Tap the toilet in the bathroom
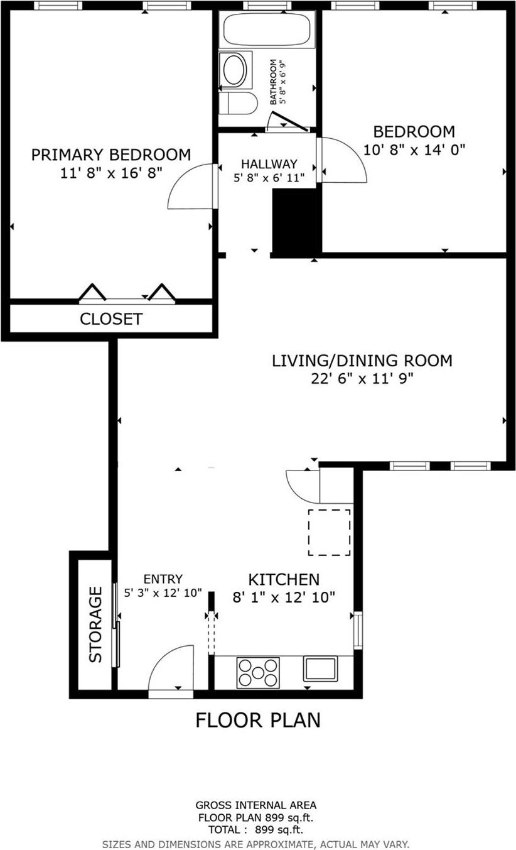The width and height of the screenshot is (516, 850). pyautogui.click(x=239, y=103)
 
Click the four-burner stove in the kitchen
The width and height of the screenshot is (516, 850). pyautogui.click(x=257, y=672)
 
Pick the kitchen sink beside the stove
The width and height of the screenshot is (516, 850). pyautogui.click(x=320, y=668)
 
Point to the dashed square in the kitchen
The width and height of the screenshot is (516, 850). pyautogui.click(x=329, y=532)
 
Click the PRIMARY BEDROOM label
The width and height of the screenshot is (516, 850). pyautogui.click(x=111, y=155)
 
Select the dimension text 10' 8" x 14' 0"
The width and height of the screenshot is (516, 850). pyautogui.click(x=414, y=150)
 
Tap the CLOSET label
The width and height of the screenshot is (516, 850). pyautogui.click(x=111, y=319)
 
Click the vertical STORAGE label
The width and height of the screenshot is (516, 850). pyautogui.click(x=95, y=624)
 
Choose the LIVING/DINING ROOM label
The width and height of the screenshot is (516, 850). pyautogui.click(x=362, y=361)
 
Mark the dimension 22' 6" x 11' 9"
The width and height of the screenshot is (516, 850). pyautogui.click(x=362, y=378)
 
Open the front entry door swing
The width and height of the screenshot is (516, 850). pyautogui.click(x=171, y=670)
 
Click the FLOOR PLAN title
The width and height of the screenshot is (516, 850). pyautogui.click(x=258, y=720)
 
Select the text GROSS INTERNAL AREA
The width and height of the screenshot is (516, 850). pyautogui.click(x=255, y=805)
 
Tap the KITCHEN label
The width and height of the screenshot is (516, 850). pyautogui.click(x=284, y=579)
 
